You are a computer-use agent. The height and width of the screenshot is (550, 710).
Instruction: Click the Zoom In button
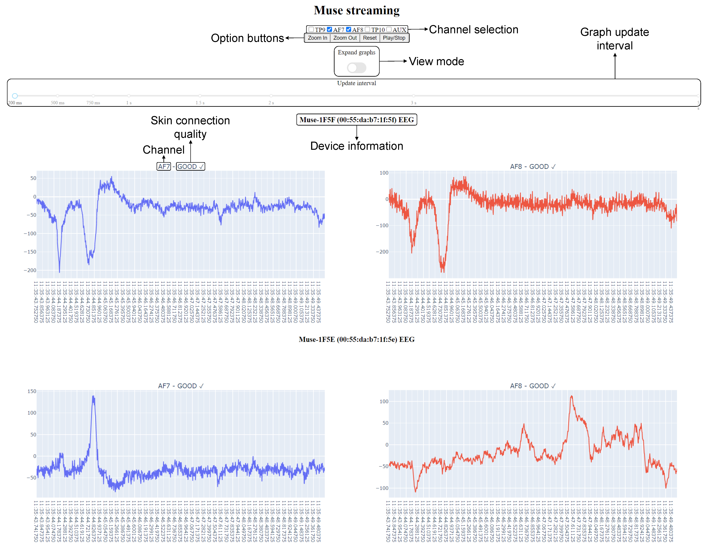[x=317, y=38]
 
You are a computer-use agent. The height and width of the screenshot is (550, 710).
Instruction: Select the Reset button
[x=370, y=38]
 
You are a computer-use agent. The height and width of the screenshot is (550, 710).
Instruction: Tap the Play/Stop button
[x=394, y=38]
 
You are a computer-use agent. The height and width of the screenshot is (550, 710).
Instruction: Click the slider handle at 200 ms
[x=15, y=96]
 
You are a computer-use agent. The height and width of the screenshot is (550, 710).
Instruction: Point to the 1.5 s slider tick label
[x=200, y=103]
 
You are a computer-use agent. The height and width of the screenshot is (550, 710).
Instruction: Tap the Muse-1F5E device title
[x=357, y=339]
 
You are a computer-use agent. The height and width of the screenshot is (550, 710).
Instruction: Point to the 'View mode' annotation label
[x=436, y=62]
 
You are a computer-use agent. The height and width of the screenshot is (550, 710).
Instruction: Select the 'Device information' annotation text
[x=357, y=146]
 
